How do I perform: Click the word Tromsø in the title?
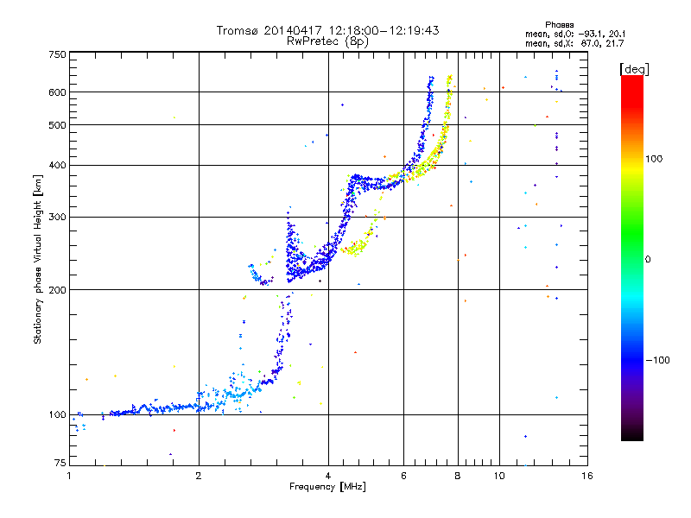[237, 30]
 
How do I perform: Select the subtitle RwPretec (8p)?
[327, 41]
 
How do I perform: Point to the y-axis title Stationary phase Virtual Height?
[37, 259]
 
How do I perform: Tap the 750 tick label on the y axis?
[57, 54]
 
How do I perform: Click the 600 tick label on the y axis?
[57, 92]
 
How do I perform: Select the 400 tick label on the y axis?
[57, 165]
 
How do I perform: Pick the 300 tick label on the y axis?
[57, 217]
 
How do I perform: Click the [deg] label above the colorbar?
[635, 68]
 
